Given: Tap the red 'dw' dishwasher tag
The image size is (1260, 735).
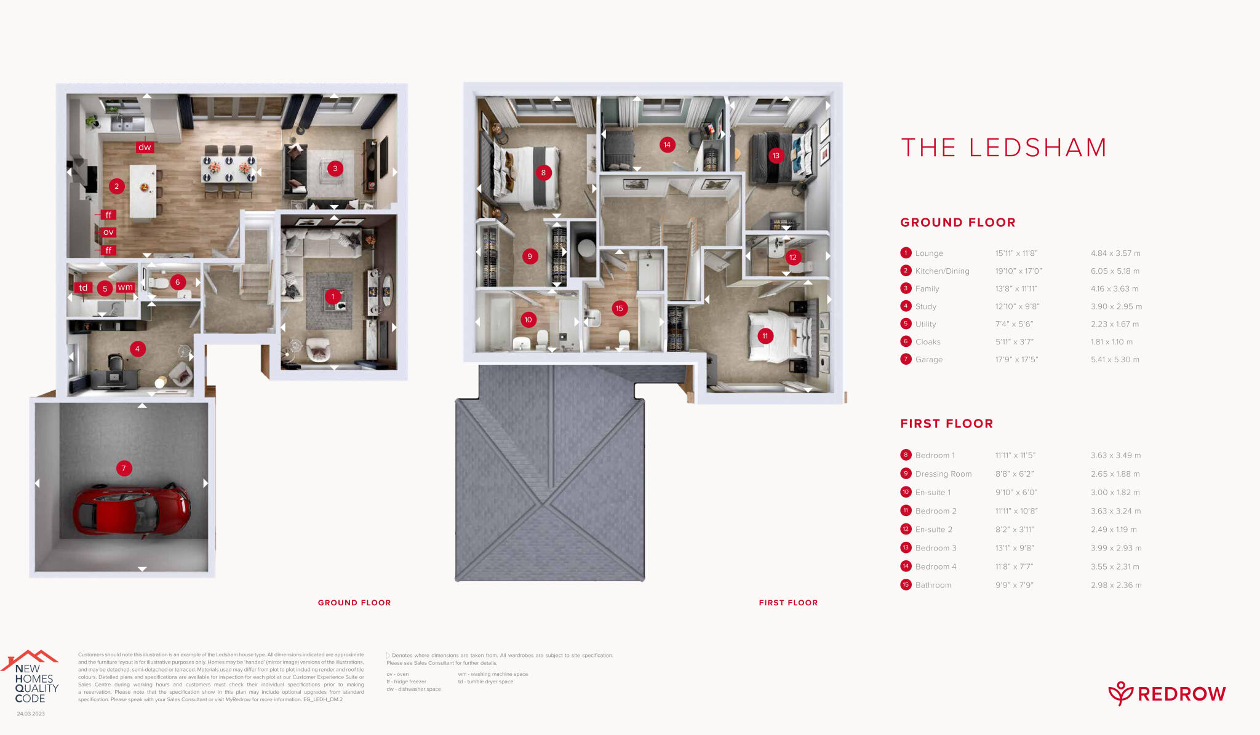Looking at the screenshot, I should (x=145, y=147).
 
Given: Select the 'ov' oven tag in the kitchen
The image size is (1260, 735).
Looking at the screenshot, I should (x=108, y=232).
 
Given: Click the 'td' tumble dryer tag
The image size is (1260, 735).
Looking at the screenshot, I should (x=83, y=288).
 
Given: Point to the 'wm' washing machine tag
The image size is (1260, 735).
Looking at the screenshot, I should (x=126, y=287).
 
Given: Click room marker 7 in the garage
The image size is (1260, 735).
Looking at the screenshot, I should (x=124, y=468).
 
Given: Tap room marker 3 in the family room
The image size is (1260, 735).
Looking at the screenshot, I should (x=335, y=168).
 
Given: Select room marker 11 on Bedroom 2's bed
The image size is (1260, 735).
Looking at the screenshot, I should (x=765, y=336).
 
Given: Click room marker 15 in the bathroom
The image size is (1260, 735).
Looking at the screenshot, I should (x=620, y=308).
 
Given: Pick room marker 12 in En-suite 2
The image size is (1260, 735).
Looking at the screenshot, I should (x=793, y=257).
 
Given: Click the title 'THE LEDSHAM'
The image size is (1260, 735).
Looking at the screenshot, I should (x=1003, y=148).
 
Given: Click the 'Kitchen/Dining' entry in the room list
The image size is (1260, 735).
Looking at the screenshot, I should (x=941, y=271).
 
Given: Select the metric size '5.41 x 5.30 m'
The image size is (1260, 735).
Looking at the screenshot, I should (x=1115, y=360).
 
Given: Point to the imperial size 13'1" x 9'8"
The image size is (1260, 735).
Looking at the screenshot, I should (x=1015, y=548).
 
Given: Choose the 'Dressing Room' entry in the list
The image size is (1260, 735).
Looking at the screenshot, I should (x=943, y=474).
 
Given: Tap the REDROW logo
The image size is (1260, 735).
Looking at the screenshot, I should (x=1167, y=694).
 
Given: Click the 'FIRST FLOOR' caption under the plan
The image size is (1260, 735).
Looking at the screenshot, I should (x=788, y=603).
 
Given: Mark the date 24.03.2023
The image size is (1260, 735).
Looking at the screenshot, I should (x=31, y=714).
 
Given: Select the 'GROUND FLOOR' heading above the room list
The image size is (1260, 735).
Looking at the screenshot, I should (x=957, y=223).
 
